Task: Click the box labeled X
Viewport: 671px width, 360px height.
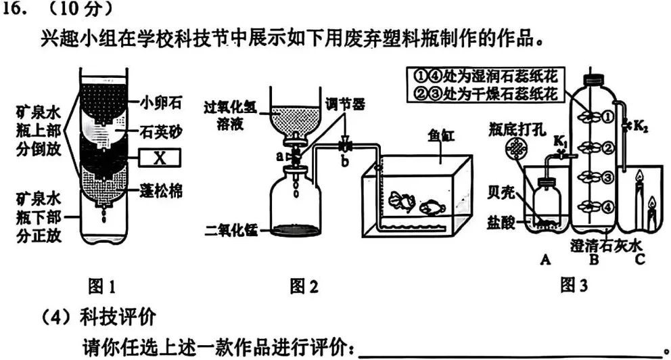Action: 160,158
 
